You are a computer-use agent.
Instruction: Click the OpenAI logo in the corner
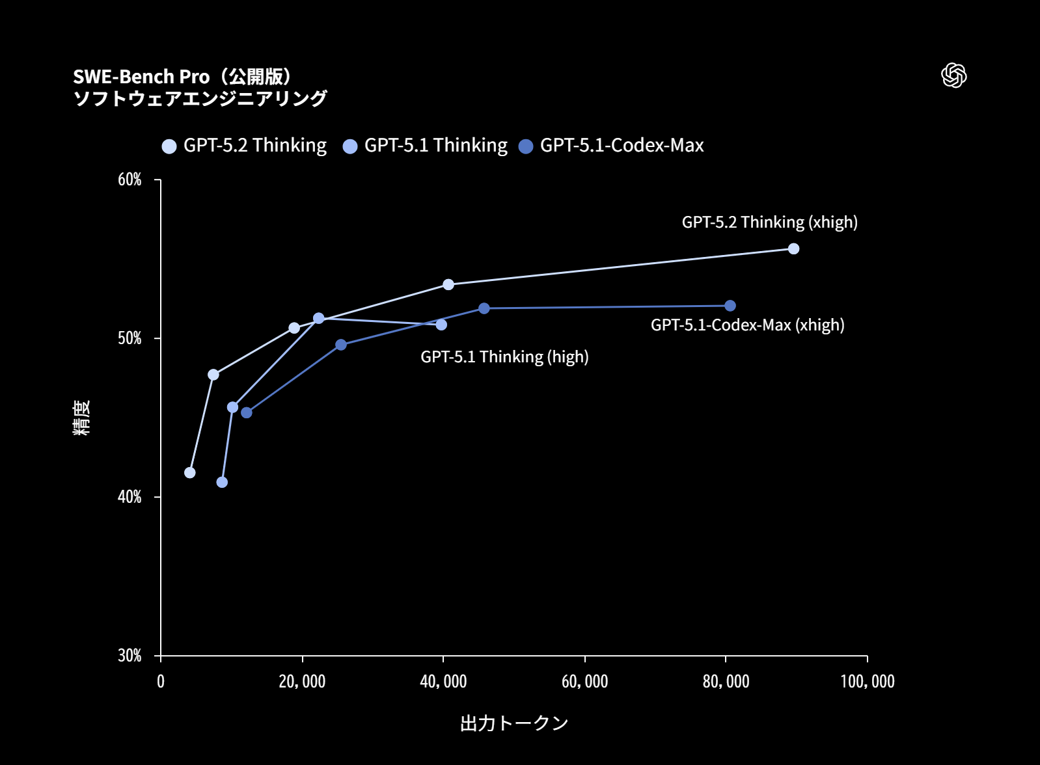click(953, 75)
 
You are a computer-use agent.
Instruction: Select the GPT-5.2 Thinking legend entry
click(245, 146)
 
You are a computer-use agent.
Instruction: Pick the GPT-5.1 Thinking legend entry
click(426, 146)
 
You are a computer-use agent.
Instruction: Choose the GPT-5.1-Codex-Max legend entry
click(612, 146)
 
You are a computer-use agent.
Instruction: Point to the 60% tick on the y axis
click(130, 180)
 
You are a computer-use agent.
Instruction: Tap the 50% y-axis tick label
click(130, 338)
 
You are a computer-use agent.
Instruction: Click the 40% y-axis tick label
click(130, 497)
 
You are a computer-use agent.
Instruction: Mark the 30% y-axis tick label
click(130, 656)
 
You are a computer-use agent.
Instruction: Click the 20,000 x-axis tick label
click(302, 682)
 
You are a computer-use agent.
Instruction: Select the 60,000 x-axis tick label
click(584, 682)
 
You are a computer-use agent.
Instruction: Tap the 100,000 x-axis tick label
click(867, 682)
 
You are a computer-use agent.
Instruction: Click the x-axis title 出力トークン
click(514, 723)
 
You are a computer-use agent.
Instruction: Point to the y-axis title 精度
click(81, 418)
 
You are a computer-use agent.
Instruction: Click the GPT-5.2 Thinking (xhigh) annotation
click(769, 222)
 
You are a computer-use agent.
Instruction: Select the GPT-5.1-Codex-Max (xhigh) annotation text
click(747, 325)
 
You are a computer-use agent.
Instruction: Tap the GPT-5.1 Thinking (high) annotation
click(504, 357)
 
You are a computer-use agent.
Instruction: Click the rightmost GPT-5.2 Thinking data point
click(793, 248)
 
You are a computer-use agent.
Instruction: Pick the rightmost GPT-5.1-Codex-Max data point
click(730, 306)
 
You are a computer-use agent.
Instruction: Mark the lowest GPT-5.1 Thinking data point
click(222, 482)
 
